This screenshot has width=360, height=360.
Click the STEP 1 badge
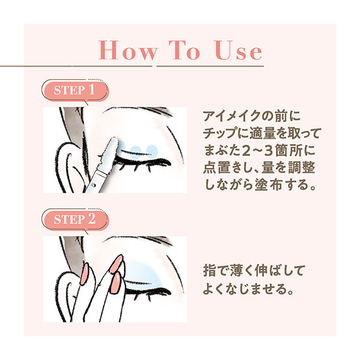tap(76, 91)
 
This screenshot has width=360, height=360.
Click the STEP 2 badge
tap(76, 219)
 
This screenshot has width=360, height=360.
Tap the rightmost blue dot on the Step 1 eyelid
tap(151, 149)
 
